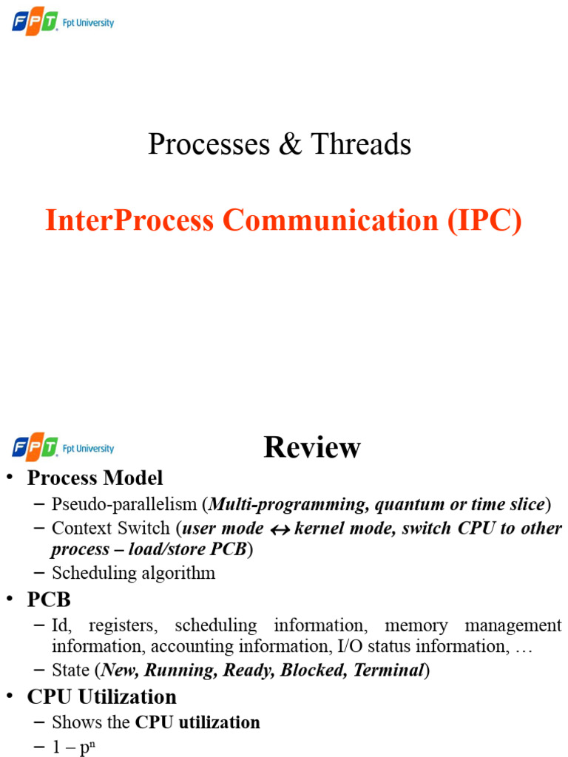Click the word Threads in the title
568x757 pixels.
(x=361, y=144)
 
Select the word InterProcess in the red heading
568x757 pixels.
(x=130, y=220)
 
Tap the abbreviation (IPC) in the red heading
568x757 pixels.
(x=485, y=220)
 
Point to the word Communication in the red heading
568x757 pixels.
(x=332, y=220)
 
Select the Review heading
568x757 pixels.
(x=312, y=447)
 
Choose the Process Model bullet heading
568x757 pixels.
(x=95, y=478)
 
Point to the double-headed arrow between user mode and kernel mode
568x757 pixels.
(x=279, y=529)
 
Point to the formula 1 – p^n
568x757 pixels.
(x=74, y=747)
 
